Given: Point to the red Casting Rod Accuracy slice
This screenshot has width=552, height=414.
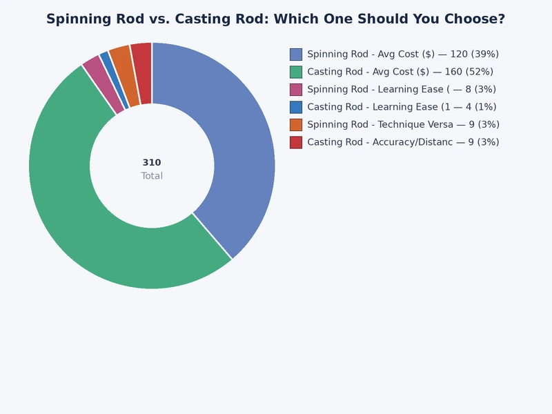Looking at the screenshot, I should [x=142, y=73].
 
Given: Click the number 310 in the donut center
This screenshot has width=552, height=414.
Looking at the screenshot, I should [x=152, y=163].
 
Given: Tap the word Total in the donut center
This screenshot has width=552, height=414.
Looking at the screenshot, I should [x=152, y=176].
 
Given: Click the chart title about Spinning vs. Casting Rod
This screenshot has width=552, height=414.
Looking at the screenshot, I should [x=275, y=19].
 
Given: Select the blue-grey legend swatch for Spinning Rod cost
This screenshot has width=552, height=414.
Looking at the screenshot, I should [x=296, y=54].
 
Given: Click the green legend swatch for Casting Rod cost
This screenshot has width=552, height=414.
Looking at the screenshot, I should [x=296, y=72].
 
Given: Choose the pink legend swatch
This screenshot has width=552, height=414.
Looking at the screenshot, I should [x=296, y=89].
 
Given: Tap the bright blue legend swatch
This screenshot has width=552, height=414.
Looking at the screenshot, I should [x=296, y=107].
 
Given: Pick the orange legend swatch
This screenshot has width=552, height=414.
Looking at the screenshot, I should [x=296, y=124].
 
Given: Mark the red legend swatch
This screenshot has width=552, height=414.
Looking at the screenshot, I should [x=296, y=142].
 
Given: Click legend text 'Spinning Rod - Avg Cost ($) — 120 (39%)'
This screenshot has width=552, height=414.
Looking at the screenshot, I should [x=403, y=54].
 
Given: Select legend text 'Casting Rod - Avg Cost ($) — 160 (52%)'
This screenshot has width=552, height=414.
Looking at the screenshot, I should [x=400, y=72].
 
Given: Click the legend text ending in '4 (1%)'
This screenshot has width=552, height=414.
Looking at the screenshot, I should [x=402, y=107].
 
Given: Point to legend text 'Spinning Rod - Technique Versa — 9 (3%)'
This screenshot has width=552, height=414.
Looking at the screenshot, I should [x=403, y=124].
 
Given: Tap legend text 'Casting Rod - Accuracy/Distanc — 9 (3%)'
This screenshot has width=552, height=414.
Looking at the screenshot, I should [x=403, y=142].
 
